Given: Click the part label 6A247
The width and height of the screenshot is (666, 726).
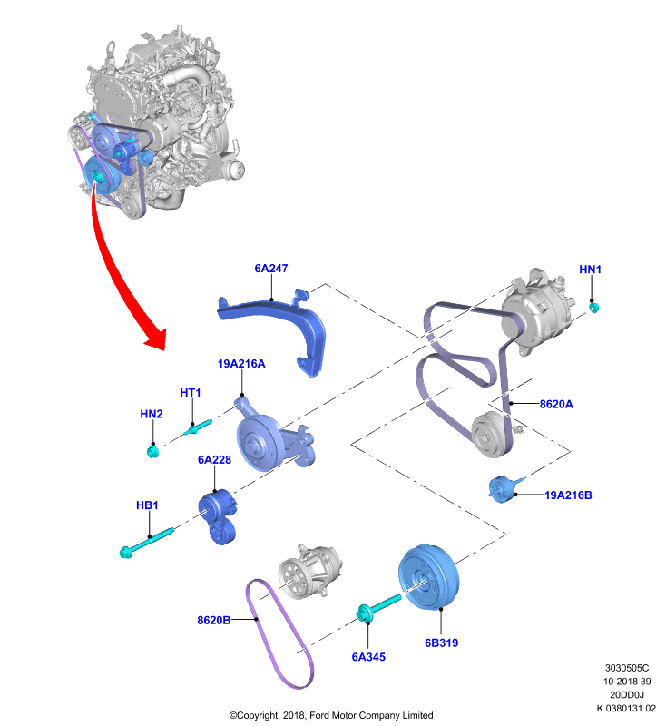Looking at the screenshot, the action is [270, 269].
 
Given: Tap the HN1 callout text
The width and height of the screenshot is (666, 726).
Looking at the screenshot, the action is [590, 270].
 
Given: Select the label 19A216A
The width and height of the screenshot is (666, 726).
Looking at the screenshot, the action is [241, 364].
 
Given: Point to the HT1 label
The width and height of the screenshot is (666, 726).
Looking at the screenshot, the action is [191, 393].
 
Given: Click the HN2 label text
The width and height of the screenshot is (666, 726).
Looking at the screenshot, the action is [152, 414].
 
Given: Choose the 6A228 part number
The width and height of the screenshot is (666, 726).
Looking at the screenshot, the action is [214, 460].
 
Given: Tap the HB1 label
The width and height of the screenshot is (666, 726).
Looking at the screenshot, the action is [147, 505].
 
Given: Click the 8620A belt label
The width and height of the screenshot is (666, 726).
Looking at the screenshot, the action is [556, 404].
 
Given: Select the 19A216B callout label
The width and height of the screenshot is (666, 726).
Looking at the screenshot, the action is [568, 495].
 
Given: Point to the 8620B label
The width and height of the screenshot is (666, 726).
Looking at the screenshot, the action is [214, 621].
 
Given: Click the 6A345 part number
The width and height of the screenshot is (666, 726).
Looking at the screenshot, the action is [368, 657].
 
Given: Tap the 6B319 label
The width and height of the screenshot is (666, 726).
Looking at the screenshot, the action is [442, 643].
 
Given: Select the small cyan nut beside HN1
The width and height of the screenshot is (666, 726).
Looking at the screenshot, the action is [593, 307].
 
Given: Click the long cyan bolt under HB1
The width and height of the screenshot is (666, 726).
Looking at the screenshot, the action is [147, 541].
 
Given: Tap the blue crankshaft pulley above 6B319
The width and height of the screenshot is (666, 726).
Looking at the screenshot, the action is [428, 577].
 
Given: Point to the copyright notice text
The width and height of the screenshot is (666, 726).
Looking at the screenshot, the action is [331, 715].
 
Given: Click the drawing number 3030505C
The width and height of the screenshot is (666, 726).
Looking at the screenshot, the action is [627, 668].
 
